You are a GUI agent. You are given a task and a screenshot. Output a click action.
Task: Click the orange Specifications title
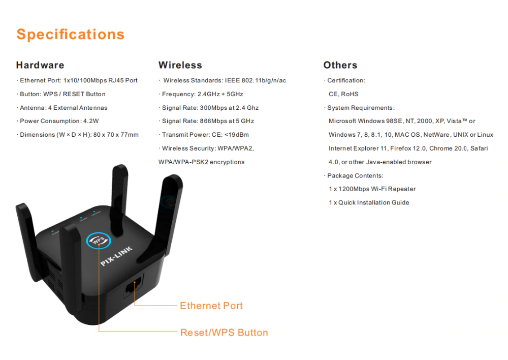point(71,35)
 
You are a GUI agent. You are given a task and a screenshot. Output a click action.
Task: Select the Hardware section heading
point(40,65)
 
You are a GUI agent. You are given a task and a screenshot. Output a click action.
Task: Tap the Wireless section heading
point(180,65)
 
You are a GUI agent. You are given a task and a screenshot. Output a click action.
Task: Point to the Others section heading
point(340,65)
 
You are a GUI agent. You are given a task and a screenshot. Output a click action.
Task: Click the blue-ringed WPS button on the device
point(99,241)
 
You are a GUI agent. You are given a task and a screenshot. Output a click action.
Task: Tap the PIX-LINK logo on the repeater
point(116,256)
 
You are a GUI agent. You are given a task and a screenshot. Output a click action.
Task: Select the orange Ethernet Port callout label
point(211,306)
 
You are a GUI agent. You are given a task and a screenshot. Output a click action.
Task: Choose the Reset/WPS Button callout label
point(224,333)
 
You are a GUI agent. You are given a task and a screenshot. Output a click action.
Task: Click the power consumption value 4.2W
point(91,121)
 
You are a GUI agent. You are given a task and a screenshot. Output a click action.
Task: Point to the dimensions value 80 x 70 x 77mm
point(116,135)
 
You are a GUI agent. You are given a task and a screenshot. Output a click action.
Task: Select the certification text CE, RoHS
point(343,94)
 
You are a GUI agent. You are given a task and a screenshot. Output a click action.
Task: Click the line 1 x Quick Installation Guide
point(369,202)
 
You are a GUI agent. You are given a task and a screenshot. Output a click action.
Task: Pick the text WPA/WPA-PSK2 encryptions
point(202,162)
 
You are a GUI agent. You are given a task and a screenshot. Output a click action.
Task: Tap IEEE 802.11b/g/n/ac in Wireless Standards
point(256,80)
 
